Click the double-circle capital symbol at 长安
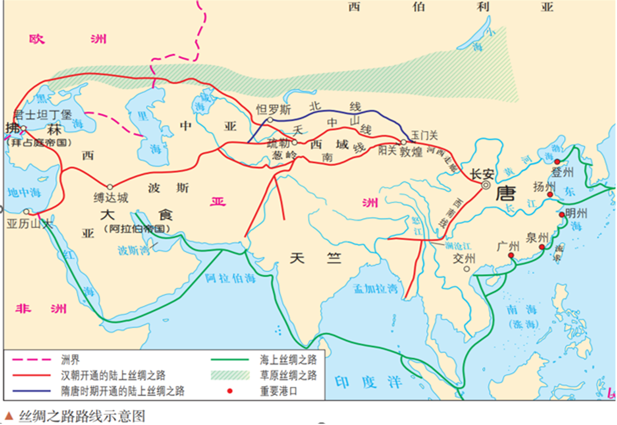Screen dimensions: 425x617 486,185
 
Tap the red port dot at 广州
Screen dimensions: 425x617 511,256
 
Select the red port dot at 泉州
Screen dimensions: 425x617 542,247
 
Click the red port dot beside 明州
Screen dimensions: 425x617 562,214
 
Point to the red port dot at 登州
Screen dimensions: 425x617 557,162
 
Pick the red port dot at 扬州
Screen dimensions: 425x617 550,195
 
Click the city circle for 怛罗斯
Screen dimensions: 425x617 270,120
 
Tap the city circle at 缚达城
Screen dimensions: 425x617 110,187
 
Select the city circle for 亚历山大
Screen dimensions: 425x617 26,212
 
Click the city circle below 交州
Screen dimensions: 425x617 466,269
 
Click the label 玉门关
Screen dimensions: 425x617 424,135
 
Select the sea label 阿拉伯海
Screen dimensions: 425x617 231,278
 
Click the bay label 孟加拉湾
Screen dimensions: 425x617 375,289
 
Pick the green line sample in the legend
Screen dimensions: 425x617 230,360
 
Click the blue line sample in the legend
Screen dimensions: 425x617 31,391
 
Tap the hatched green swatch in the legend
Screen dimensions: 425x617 230,375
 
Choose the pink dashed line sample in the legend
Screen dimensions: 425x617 31,360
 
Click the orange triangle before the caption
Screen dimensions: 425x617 9,416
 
